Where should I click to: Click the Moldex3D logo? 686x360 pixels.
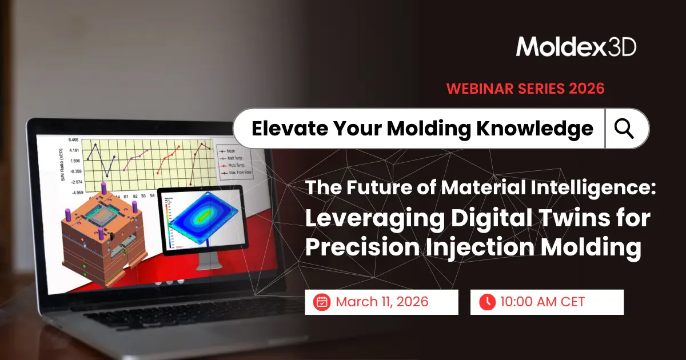(576, 47)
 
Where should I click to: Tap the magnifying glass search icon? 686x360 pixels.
(624, 129)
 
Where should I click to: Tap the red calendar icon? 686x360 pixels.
(322, 302)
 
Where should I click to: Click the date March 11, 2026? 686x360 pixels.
(381, 302)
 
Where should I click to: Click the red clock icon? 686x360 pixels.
(487, 302)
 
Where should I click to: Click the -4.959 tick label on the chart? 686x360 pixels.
(75, 193)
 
